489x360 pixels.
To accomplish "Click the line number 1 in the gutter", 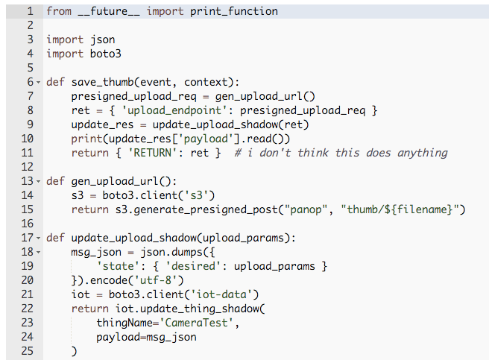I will tap(30, 11).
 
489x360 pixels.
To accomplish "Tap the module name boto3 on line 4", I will tap(105, 54).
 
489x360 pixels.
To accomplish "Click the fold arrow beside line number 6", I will tap(39, 82).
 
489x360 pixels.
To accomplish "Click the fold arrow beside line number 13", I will tap(39, 181).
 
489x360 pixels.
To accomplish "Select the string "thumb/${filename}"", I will tap(403, 209).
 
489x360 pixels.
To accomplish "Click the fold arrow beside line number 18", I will tap(39, 252).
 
